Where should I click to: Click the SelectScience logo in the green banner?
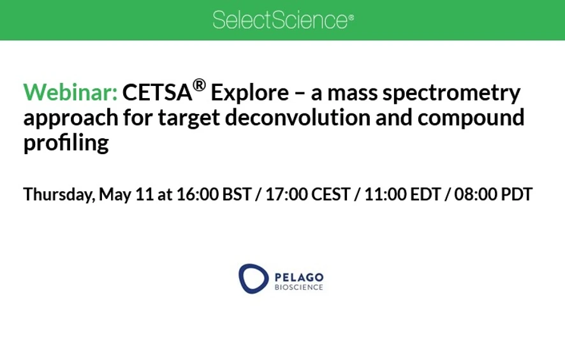click(282, 20)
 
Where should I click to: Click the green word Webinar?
click(70, 93)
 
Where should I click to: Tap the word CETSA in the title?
click(157, 93)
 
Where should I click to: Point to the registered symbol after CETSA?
click(199, 85)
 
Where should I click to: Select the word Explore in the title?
click(249, 93)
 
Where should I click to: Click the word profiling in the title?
click(66, 143)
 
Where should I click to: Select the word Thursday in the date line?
click(58, 194)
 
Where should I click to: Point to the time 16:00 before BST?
click(197, 194)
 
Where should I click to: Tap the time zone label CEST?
click(330, 194)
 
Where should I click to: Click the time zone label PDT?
click(517, 194)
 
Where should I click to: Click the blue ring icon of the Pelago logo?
click(253, 278)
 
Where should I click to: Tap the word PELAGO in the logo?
click(298, 277)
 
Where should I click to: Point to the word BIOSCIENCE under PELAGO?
click(298, 287)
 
